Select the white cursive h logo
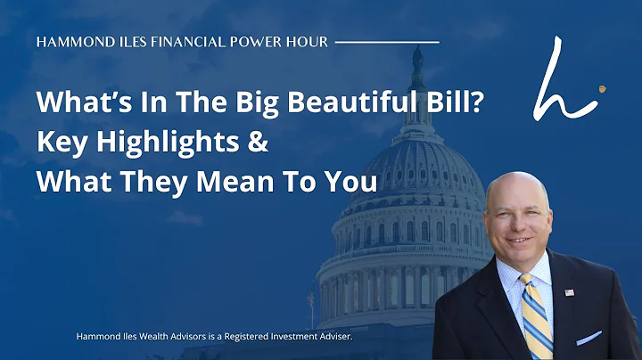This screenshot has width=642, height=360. point(559,82)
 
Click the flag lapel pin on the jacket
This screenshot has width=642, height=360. point(567,291)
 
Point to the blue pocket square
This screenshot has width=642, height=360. point(589,338)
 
